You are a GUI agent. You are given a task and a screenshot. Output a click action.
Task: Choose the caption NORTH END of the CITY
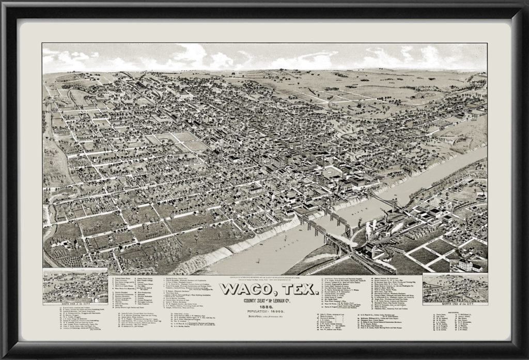454,304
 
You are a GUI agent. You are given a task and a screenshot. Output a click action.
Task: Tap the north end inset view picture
454,288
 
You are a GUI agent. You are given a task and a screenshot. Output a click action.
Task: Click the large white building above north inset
468,265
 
